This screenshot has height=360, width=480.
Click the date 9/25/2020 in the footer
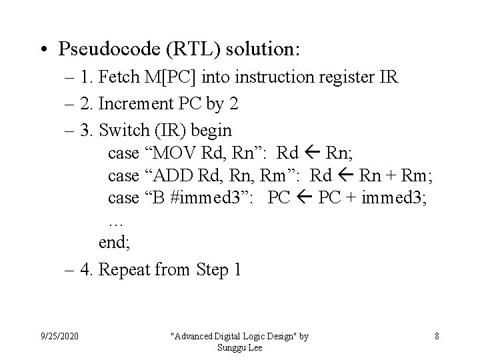point(59,336)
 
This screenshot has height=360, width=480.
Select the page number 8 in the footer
point(437,336)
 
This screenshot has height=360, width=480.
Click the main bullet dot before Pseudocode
point(45,49)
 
